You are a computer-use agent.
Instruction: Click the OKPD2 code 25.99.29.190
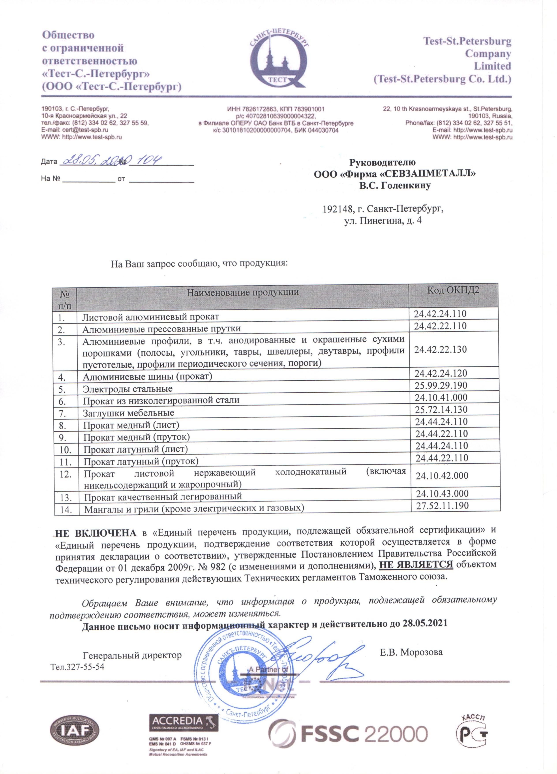click(x=441, y=386)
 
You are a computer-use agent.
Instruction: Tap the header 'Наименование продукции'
click(x=243, y=292)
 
